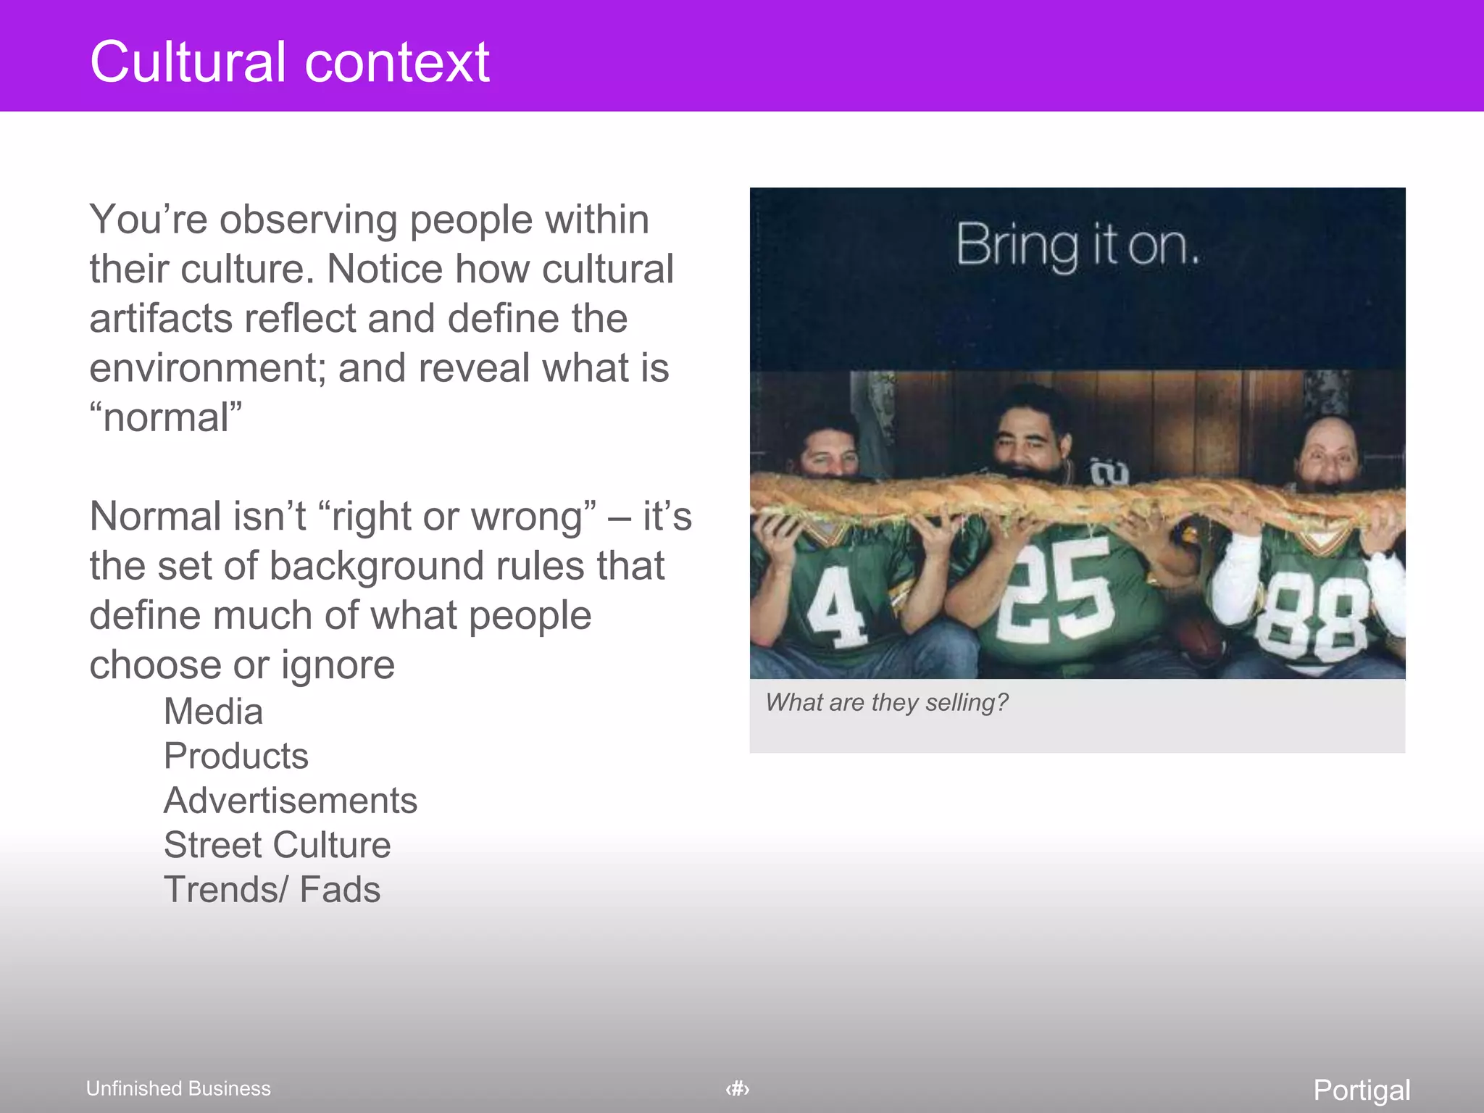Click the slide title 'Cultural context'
(x=290, y=62)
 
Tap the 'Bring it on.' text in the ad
(x=1077, y=246)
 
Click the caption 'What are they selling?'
(x=887, y=702)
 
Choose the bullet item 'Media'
(x=213, y=712)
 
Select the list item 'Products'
(x=236, y=756)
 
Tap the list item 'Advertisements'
(x=291, y=801)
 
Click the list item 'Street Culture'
(x=277, y=845)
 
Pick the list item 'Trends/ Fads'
(x=272, y=890)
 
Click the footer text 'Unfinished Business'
(x=178, y=1088)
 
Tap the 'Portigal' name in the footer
(x=1362, y=1090)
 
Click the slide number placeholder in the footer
(x=738, y=1088)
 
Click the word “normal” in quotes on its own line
(x=166, y=417)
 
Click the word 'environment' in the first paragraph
(x=203, y=368)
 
